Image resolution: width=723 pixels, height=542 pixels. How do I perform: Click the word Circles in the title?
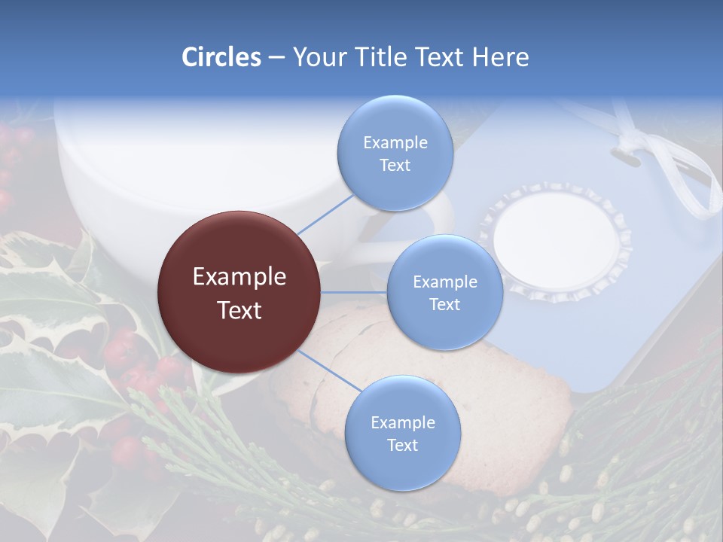coord(221,57)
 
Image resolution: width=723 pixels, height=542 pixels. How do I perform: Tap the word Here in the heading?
coord(500,57)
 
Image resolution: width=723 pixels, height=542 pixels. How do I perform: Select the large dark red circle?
coord(239,292)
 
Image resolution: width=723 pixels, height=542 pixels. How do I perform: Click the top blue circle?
coord(395,154)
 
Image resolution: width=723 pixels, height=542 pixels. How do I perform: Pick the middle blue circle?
coord(444,292)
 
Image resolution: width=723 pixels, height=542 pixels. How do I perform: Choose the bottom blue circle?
coord(402,434)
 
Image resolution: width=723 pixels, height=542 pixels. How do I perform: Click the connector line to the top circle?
coord(325,213)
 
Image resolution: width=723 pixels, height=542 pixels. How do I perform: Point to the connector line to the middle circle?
coord(354,292)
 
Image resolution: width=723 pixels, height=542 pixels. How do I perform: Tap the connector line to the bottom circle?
coord(328,372)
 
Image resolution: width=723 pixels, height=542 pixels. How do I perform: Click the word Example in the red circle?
coord(239,277)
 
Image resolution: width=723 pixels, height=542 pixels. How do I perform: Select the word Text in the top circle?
coord(395,166)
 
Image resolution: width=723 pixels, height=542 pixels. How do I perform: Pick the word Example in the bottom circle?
coord(402,422)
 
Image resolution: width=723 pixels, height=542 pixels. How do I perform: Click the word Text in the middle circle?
coord(444,304)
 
